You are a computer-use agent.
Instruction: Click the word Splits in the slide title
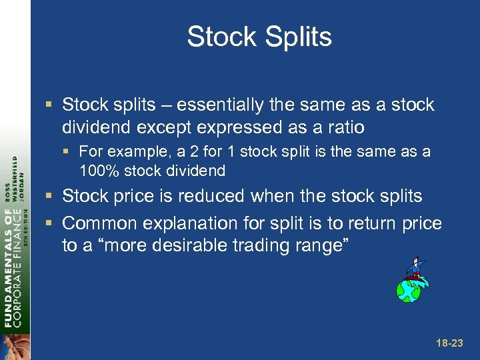(298, 37)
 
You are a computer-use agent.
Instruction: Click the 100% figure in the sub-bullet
(99, 171)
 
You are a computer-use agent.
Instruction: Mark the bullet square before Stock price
(51, 197)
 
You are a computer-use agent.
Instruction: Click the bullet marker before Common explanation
(51, 223)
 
